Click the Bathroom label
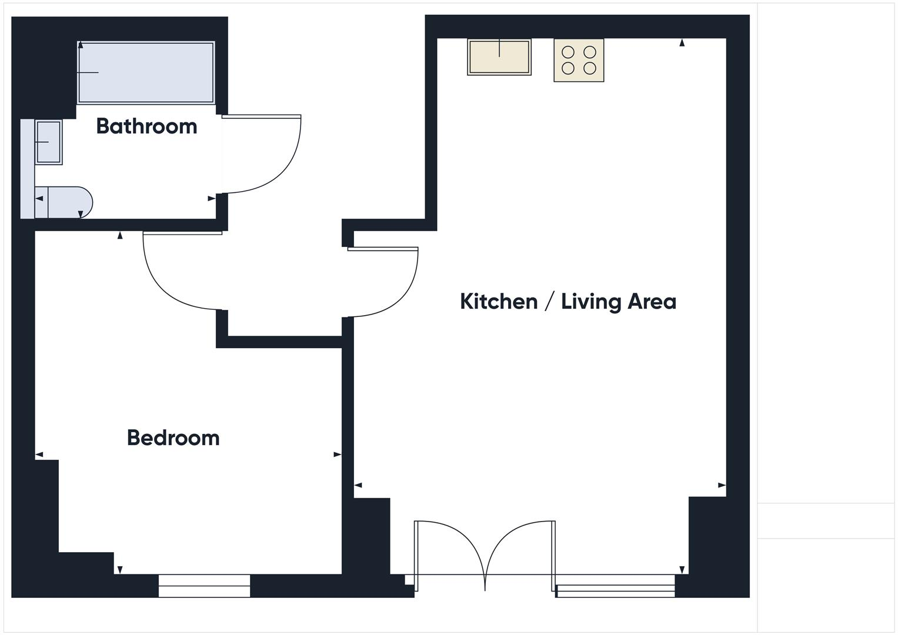tap(146, 126)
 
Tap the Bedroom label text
tap(173, 438)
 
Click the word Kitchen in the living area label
tap(498, 302)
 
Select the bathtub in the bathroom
tap(146, 72)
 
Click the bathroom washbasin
tap(48, 142)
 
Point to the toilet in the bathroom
tap(64, 202)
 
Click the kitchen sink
tap(499, 57)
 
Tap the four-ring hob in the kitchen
tap(579, 60)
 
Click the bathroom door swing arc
tap(281, 171)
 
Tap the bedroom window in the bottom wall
tap(204, 586)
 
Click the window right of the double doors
tap(615, 590)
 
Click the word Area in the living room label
tap(652, 302)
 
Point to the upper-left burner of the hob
tap(568, 52)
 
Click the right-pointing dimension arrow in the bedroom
tap(337, 454)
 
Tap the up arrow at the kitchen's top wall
tap(682, 42)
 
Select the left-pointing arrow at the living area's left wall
tap(358, 486)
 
